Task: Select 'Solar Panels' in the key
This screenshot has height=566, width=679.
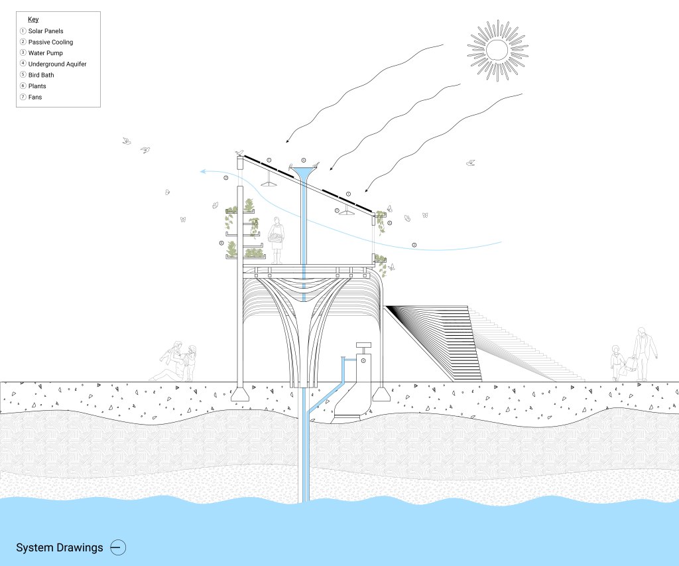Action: tap(46, 31)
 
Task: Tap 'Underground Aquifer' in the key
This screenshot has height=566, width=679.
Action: tap(57, 64)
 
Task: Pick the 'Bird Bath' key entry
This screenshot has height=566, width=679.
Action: tap(41, 75)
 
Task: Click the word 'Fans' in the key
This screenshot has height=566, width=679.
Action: tap(35, 97)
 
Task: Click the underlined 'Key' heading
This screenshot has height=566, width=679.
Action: tap(33, 19)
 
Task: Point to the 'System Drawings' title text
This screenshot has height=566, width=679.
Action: tap(60, 548)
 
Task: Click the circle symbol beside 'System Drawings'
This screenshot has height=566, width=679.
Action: tap(118, 548)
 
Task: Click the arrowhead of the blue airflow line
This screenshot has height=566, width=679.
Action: tap(202, 171)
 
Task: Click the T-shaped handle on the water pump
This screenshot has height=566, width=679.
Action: tap(363, 345)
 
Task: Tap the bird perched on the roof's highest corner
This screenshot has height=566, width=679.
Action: tap(239, 153)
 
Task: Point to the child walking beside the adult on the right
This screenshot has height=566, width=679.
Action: tap(617, 364)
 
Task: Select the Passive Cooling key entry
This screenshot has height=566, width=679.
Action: tap(50, 42)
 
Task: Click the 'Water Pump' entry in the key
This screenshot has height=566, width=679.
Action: tap(46, 53)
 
